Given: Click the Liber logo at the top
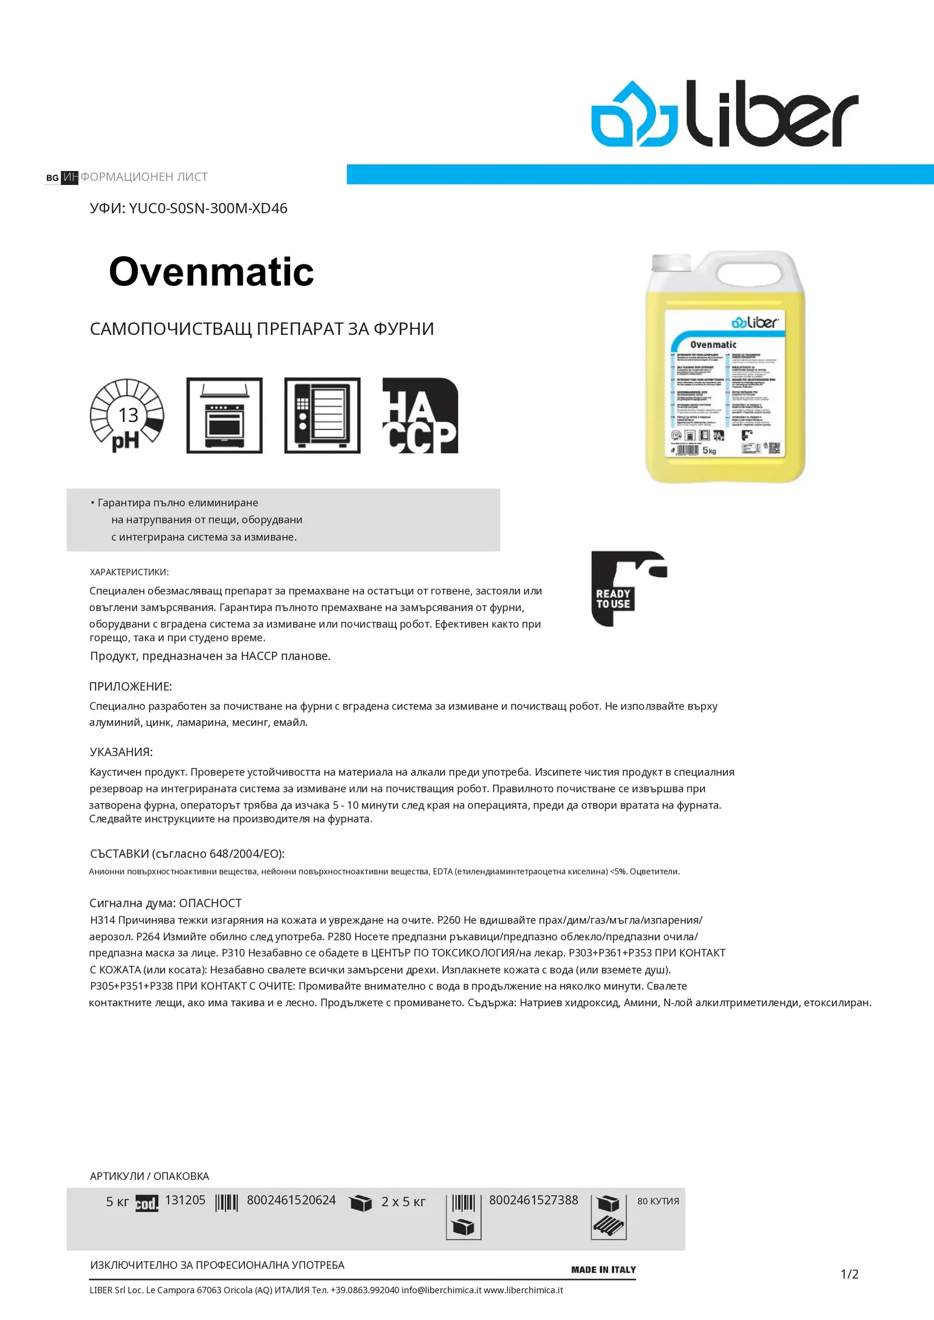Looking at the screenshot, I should pos(724,113).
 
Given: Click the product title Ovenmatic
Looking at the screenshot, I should pos(211,272).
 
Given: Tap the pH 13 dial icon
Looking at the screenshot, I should pos(127,415).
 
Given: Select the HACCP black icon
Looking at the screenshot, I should pos(420,415).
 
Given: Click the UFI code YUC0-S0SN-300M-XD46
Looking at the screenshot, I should pos(208,208).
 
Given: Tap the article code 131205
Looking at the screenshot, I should pos(185,1200).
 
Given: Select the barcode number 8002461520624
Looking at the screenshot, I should pos(291,1200).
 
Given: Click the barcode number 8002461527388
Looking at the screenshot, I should pos(534,1200).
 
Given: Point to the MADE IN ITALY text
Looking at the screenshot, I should pos(604,1269).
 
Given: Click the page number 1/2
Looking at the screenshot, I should pos(849,1274).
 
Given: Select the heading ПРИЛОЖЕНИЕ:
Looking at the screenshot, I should pos(131,686).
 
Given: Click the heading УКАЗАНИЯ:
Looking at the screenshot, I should pos(121,752).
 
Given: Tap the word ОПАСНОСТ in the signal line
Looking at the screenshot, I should pos(210,903).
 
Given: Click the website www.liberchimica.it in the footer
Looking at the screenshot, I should pos(523,1290).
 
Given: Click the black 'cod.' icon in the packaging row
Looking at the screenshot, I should pos(147,1203).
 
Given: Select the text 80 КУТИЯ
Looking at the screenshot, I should pos(658,1201).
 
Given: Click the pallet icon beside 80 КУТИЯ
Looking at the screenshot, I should pos(608,1217).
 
